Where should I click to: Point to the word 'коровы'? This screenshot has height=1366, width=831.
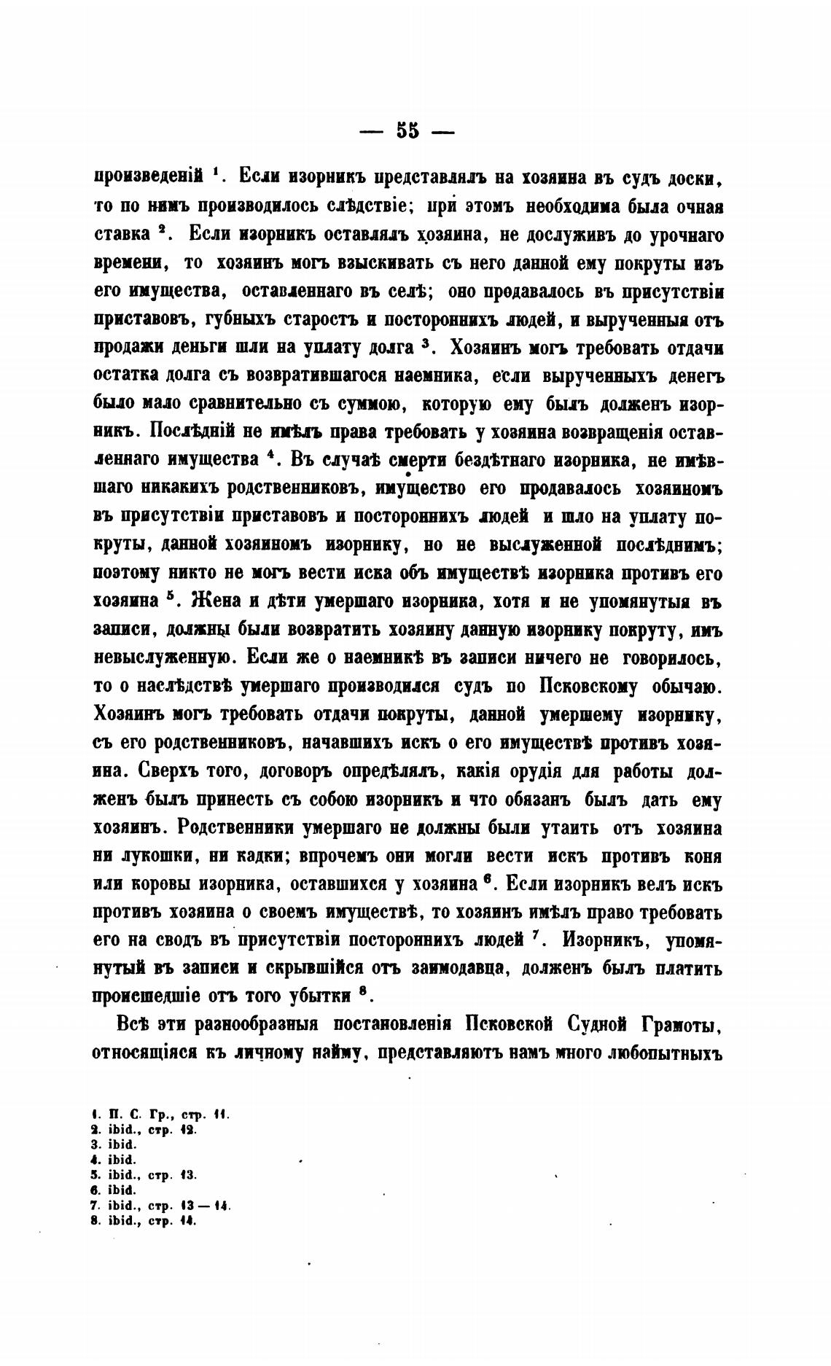pyautogui.click(x=160, y=885)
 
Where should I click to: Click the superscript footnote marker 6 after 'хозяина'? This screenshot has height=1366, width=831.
pyautogui.click(x=486, y=880)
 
